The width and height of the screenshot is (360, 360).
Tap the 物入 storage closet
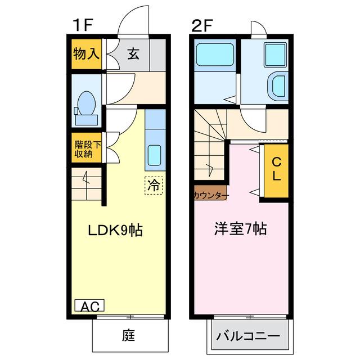click(x=86, y=55)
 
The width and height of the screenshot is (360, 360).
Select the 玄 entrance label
click(x=133, y=55)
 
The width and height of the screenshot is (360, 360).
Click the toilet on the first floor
click(x=86, y=106)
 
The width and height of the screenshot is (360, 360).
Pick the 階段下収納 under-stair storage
click(x=87, y=149)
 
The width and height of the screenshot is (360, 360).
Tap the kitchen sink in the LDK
click(x=154, y=153)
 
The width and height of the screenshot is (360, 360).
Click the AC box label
click(x=89, y=307)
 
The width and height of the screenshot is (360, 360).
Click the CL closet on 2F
click(x=276, y=169)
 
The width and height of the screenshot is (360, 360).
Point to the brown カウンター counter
click(x=210, y=195)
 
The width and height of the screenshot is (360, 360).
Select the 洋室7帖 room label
click(x=240, y=229)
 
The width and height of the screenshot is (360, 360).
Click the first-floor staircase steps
click(x=85, y=185)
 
